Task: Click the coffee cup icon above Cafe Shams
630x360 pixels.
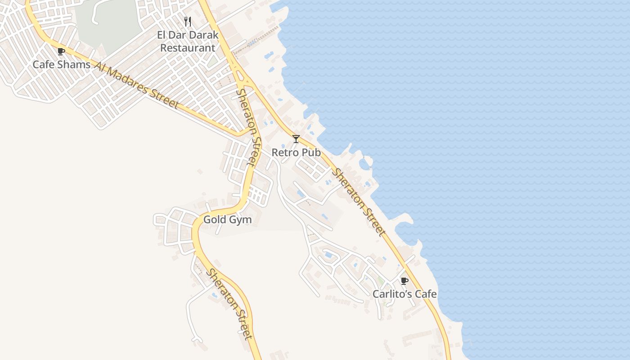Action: tap(61, 51)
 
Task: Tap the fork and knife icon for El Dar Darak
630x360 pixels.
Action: tap(188, 21)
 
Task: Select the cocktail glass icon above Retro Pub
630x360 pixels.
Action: tap(296, 139)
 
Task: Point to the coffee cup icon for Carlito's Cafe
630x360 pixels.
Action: tap(404, 281)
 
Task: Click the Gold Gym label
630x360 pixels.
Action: tap(227, 220)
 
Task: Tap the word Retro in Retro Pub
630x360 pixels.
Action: tap(285, 153)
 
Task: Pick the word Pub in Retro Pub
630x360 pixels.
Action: tap(311, 153)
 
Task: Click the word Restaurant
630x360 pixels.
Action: tap(188, 48)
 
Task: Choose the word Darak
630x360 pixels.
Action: tap(203, 35)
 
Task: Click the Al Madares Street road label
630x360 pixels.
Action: tap(136, 85)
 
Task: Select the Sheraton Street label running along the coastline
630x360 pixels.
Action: tap(359, 202)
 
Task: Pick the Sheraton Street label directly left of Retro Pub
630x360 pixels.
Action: tap(249, 127)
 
